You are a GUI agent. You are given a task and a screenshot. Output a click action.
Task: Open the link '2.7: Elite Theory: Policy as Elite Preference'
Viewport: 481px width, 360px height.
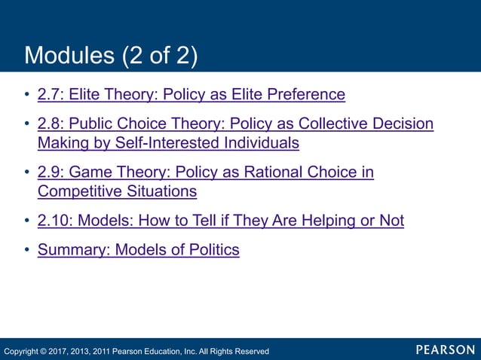pyautogui.click(x=191, y=95)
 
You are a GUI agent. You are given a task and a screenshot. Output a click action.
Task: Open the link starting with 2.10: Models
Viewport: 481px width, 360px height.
pyautogui.click(x=220, y=221)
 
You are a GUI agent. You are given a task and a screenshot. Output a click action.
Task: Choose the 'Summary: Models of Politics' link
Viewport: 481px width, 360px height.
pyautogui.click(x=138, y=250)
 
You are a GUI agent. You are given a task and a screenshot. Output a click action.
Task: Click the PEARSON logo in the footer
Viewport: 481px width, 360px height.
pyautogui.click(x=445, y=350)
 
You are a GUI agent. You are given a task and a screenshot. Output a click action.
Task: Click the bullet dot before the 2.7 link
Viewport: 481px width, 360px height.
pyautogui.click(x=27, y=96)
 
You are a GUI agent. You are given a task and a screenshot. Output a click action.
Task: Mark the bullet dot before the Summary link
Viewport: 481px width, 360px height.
pyautogui.click(x=27, y=251)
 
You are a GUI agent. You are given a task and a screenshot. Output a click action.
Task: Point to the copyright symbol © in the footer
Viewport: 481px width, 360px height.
pyautogui.click(x=47, y=351)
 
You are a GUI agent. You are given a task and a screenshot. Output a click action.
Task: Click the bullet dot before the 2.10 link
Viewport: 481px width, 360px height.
pyautogui.click(x=27, y=221)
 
